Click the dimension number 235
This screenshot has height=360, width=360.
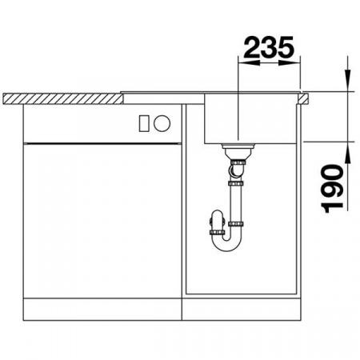tap(268, 49)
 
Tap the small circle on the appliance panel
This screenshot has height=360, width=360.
tap(161, 123)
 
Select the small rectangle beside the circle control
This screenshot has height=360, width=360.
tap(145, 123)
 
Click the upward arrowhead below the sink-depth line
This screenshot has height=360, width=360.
tap(349, 152)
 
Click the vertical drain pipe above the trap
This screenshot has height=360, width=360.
tap(236, 200)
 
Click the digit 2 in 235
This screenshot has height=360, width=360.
tap(252, 49)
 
